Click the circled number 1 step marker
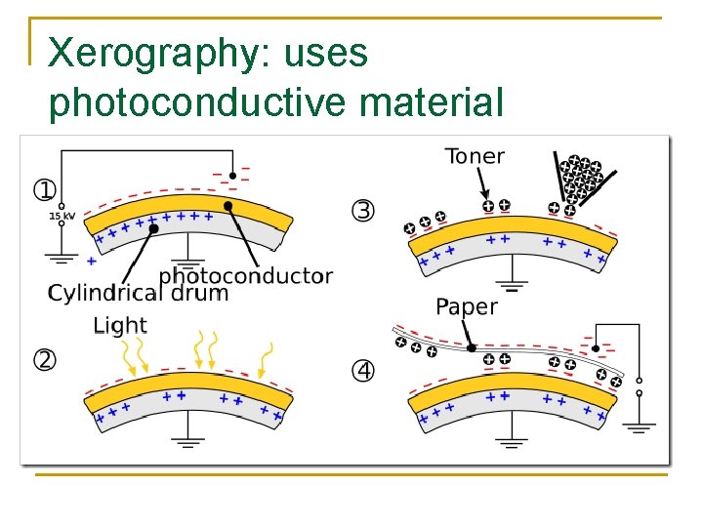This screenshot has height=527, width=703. point(45,189)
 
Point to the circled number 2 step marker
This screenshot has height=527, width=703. point(45,359)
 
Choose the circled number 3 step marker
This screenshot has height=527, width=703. point(362,210)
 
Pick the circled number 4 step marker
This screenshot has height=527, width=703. point(362,371)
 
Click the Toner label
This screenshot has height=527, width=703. point(475,156)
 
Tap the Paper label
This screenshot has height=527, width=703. point(467,306)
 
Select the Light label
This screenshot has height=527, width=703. point(119,325)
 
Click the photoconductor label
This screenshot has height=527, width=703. point(245,277)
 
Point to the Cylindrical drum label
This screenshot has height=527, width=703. point(138,293)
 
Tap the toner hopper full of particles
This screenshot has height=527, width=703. point(584,179)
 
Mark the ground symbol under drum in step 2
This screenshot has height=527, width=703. point(188,441)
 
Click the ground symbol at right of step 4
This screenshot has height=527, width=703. point(641,426)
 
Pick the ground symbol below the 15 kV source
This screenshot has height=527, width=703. point(61,259)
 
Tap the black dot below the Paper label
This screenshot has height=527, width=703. point(471,346)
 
